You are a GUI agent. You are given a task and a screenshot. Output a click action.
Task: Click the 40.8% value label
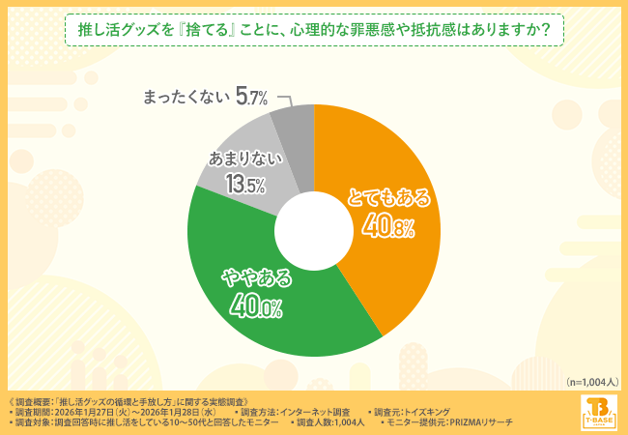pyautogui.click(x=388, y=226)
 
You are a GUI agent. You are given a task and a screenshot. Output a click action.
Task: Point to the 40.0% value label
pyautogui.click(x=255, y=306)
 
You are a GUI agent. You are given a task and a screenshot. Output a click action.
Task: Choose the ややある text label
pyautogui.click(x=256, y=279)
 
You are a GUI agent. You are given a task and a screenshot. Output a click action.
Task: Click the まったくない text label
pyautogui.click(x=186, y=96)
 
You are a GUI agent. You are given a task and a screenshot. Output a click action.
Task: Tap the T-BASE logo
pyautogui.click(x=597, y=410)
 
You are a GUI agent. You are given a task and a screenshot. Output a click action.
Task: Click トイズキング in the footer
pyautogui.click(x=422, y=411)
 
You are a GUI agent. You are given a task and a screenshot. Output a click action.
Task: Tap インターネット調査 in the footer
pyautogui.click(x=313, y=411)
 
